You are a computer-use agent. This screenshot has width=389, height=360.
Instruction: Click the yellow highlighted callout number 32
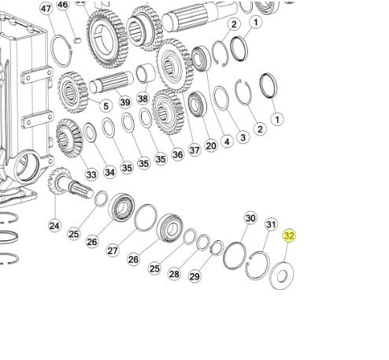(289, 236)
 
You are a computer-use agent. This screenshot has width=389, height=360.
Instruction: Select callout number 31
(271, 225)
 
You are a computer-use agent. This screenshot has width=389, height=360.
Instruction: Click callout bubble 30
(250, 218)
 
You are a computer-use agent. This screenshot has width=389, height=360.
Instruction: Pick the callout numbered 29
(194, 276)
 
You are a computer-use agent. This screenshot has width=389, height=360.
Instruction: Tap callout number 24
(54, 225)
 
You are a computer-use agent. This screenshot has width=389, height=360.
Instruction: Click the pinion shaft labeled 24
(69, 183)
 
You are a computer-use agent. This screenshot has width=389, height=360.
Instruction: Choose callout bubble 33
(91, 174)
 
